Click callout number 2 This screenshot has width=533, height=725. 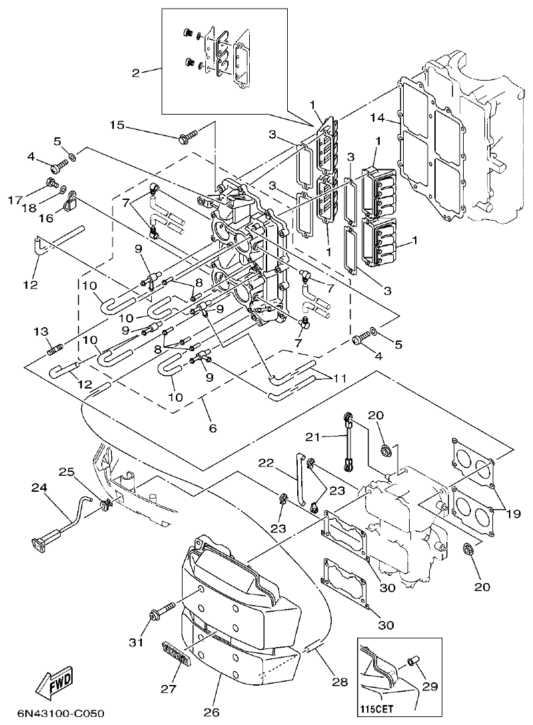coord(136,73)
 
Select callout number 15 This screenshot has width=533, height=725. coord(117,125)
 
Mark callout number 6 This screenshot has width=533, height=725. coord(213,428)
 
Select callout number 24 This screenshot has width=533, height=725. coord(39,488)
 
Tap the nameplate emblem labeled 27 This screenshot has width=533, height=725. coord(179,651)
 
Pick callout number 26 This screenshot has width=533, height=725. coord(212,712)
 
